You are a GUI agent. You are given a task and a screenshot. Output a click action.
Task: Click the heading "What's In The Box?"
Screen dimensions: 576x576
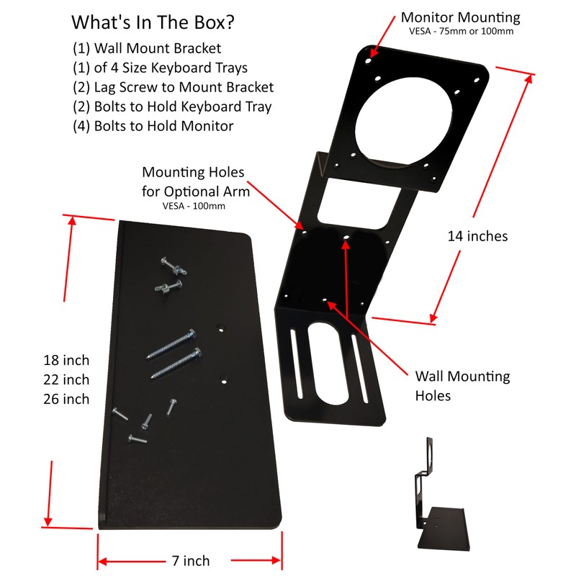point(152,22)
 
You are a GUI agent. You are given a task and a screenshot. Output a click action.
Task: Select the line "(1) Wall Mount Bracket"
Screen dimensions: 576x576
point(147,49)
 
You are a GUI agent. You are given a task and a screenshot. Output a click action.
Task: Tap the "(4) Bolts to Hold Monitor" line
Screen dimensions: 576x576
point(153,126)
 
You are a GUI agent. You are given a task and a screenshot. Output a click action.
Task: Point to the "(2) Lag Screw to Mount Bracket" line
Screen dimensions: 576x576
point(173,88)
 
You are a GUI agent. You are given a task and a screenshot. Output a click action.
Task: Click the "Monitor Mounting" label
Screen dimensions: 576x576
point(461,17)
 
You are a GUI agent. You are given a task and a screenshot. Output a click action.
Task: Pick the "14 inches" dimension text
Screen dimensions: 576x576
point(477,235)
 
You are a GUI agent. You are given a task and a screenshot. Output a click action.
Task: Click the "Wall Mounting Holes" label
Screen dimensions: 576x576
point(462,386)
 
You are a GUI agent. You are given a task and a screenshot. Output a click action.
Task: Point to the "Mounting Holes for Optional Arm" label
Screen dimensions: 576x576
point(196,182)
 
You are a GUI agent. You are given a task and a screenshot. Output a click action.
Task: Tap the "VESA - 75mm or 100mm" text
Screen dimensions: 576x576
point(461,31)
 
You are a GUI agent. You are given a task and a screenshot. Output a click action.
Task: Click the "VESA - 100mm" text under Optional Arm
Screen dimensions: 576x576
point(196,205)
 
